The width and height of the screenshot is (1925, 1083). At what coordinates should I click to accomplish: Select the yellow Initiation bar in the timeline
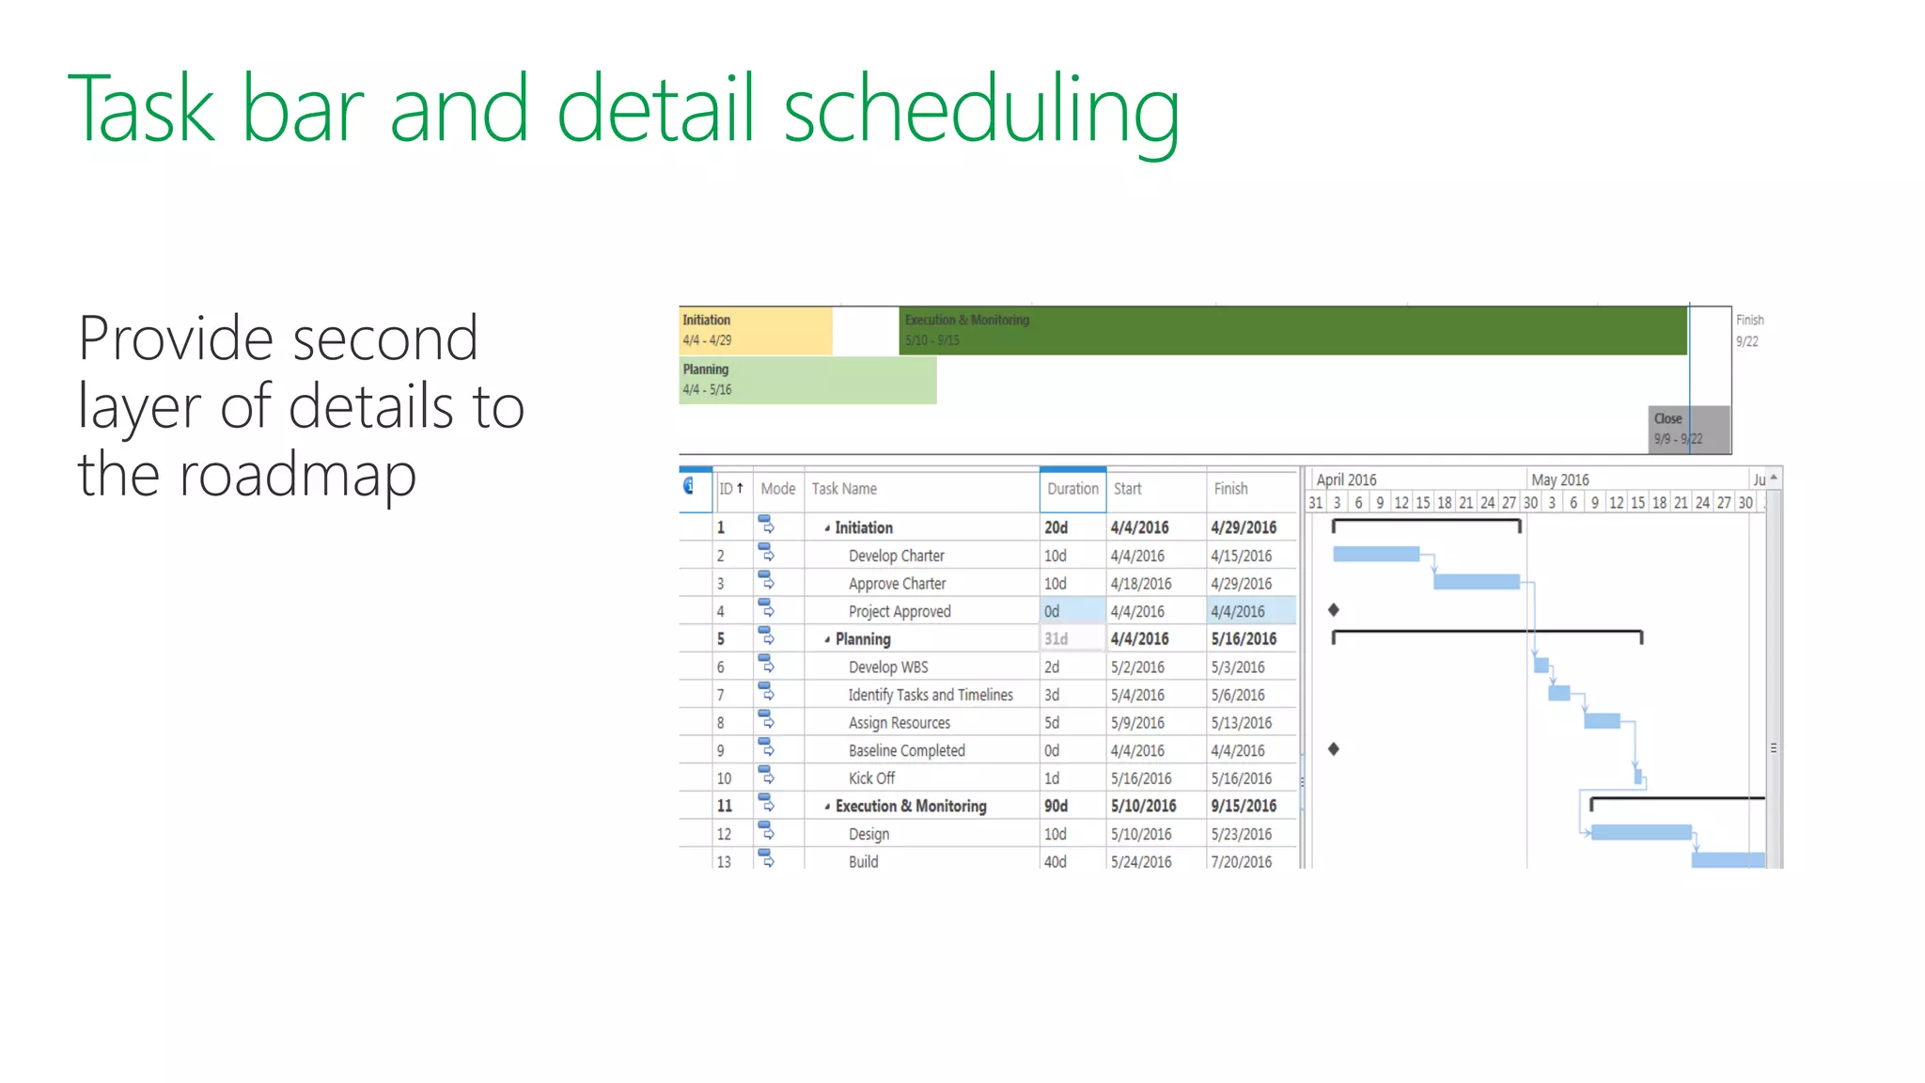pos(755,330)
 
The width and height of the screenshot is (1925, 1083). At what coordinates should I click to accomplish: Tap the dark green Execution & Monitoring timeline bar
pos(1292,330)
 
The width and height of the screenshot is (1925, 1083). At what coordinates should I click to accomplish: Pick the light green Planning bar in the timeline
pos(806,380)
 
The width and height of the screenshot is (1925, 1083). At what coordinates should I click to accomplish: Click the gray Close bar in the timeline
pos(1689,430)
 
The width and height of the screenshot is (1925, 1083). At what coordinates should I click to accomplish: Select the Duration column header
pos(1072,489)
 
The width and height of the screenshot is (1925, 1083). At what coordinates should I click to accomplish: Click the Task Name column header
pos(844,489)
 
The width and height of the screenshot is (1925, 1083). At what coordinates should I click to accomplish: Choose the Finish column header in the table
pos(1230,489)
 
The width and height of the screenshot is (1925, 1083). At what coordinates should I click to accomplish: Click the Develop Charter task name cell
pos(896,556)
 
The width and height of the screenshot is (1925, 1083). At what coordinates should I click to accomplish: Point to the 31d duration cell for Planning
pos(1056,639)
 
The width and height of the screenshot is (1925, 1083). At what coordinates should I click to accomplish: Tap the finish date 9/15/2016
pos(1244,807)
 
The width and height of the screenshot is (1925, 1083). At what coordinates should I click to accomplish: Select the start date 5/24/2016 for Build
pos(1141,862)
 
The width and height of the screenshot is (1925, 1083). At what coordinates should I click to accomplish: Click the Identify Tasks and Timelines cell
pos(931,695)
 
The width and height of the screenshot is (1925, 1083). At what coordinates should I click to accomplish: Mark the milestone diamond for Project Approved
pos(1334,610)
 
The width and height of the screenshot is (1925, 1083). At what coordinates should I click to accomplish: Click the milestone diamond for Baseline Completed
pos(1334,749)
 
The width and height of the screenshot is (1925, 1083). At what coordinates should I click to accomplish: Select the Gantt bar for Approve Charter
pos(1476,582)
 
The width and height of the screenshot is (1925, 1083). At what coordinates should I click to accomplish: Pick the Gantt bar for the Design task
pos(1641,832)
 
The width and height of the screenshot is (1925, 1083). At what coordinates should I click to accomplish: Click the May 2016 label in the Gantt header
pos(1560,479)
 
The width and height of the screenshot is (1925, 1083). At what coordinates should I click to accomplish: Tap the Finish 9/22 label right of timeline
pos(1748,331)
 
